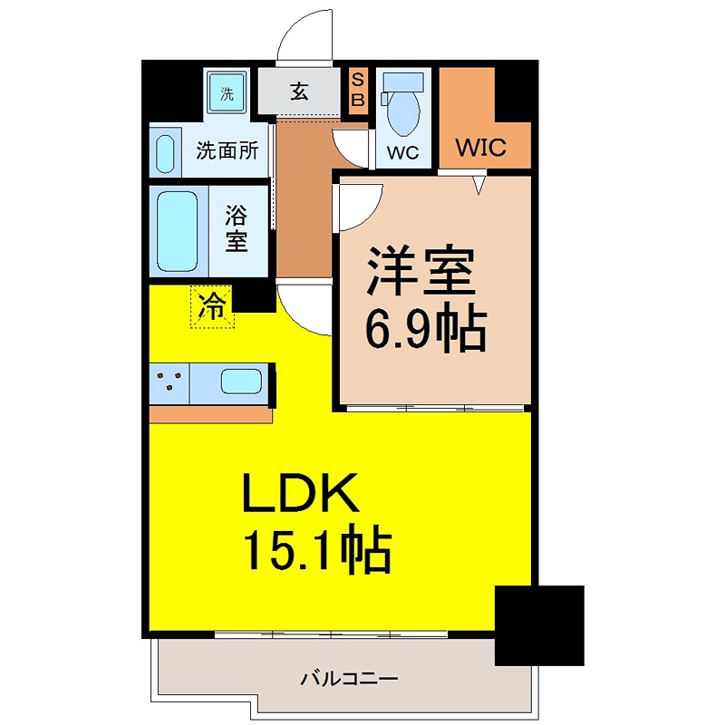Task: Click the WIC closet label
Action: pyautogui.click(x=480, y=148)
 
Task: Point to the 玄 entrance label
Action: pyautogui.click(x=301, y=92)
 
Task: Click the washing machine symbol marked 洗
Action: pyautogui.click(x=227, y=92)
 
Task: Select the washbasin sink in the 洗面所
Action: pyautogui.click(x=165, y=154)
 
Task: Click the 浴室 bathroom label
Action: pyautogui.click(x=237, y=229)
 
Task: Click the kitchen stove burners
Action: pyautogui.click(x=169, y=383)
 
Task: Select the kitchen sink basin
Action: pyautogui.click(x=240, y=382)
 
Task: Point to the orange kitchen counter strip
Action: pyautogui.click(x=210, y=414)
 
